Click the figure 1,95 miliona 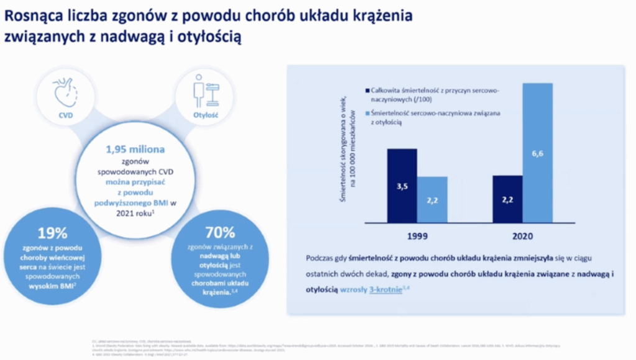point(135,149)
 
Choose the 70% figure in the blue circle point(219,233)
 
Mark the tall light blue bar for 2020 point(537,153)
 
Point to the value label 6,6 point(537,153)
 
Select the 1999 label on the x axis point(417,236)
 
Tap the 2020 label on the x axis point(522,236)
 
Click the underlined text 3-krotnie point(385,289)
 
